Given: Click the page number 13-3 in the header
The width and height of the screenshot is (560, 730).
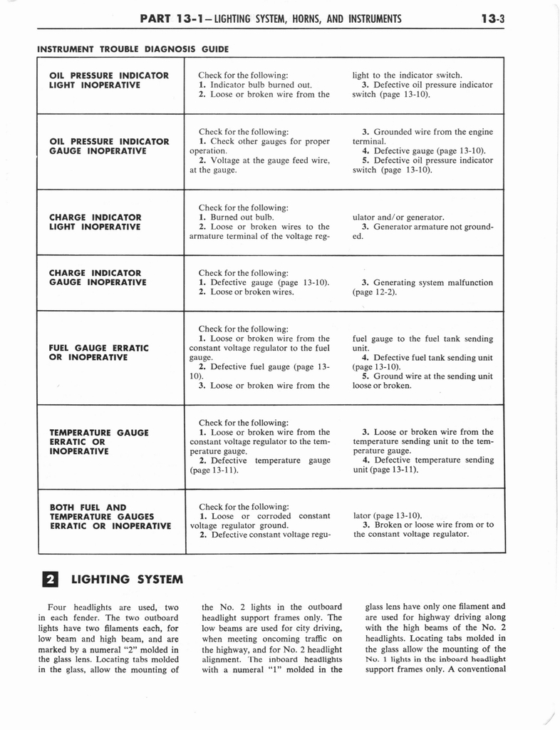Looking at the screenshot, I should pos(492,19).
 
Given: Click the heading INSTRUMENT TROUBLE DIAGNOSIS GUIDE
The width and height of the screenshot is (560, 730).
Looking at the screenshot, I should pos(133,49).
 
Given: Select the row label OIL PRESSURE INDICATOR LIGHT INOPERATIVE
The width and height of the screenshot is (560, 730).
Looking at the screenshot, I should pos(108,80).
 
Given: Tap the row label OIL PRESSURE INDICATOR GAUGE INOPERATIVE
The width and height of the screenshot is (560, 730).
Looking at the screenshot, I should pos(108,146).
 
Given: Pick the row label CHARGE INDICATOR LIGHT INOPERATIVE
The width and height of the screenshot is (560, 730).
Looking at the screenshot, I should pos(95,222).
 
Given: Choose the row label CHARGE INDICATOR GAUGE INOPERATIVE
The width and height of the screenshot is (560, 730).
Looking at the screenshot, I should pos(97,277).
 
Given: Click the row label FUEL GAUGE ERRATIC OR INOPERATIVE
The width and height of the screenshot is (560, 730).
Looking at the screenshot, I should pos(98,352).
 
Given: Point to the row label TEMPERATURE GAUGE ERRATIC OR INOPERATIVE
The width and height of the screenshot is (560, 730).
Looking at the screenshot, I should pos(98,441).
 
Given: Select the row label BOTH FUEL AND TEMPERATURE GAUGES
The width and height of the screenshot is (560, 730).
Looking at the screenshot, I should pos(110,517).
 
